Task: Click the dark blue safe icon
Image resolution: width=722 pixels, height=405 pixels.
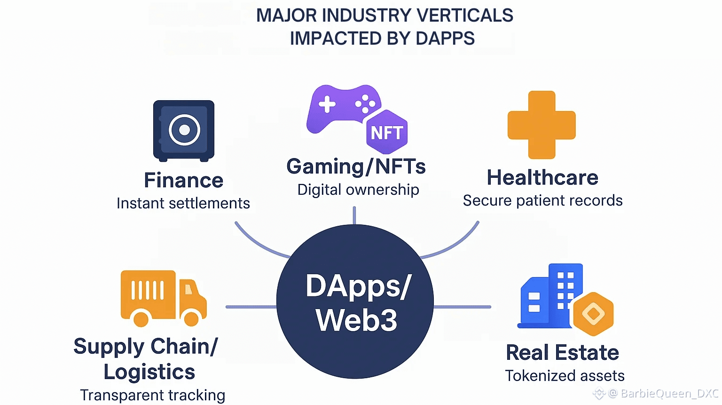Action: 184,130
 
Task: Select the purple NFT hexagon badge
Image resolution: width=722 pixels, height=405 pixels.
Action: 387,133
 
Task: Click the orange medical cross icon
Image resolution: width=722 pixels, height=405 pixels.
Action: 541,125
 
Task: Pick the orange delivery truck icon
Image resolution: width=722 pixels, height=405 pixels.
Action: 163,297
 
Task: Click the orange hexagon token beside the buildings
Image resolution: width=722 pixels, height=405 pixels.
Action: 593,314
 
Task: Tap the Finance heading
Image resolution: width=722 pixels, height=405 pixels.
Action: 183,181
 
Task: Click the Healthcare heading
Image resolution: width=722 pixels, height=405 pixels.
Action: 542,178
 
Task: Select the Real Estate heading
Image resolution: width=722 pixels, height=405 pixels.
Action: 562,353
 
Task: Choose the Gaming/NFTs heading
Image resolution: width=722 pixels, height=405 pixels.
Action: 356,167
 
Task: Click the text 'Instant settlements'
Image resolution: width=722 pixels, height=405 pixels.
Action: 183,203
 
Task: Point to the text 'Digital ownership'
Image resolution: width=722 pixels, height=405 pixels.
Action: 358,190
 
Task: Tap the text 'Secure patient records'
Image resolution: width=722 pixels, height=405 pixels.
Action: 542,200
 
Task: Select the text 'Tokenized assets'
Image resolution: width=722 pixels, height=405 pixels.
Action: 565,376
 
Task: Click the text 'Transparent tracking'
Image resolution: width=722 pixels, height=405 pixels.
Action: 152,395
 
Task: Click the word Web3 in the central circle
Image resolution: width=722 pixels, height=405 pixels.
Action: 356,320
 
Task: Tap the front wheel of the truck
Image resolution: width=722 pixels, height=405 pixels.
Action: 191,318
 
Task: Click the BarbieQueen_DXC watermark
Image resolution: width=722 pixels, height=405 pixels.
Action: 669,393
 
